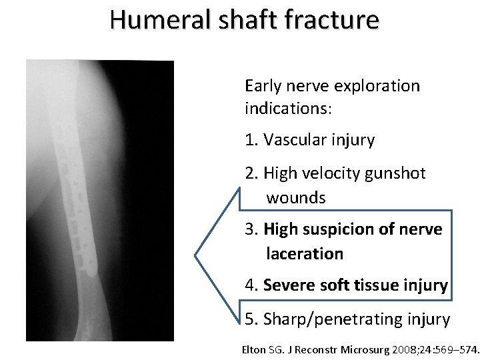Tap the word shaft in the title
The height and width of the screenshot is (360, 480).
coord(239,20)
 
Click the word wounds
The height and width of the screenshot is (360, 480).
coord(296,198)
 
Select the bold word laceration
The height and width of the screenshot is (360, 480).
coord(305,254)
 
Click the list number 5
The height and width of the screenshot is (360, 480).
coord(250,319)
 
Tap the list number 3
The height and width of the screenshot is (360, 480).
coord(250,229)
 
